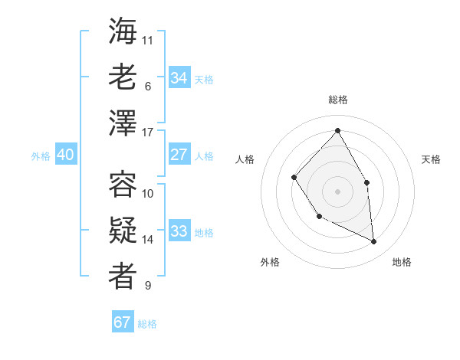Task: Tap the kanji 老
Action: pyautogui.click(x=123, y=77)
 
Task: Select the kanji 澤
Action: pyautogui.click(x=123, y=123)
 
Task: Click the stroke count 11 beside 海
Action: pyautogui.click(x=148, y=39)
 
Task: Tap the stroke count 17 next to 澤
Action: pyautogui.click(x=148, y=133)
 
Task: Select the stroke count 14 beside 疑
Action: pyautogui.click(x=148, y=240)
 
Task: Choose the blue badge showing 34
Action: pyautogui.click(x=179, y=77)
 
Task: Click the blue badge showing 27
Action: pyautogui.click(x=179, y=155)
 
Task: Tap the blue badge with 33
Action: pyautogui.click(x=179, y=231)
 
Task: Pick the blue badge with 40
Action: pyautogui.click(x=65, y=155)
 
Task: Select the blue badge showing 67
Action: pyautogui.click(x=123, y=322)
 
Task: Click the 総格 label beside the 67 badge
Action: pyautogui.click(x=147, y=324)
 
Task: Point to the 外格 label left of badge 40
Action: pyautogui.click(x=41, y=156)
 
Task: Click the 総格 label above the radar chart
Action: pyautogui.click(x=337, y=100)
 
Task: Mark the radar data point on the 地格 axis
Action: pyautogui.click(x=374, y=241)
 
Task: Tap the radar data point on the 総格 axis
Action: pyautogui.click(x=337, y=130)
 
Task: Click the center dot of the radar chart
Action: pyautogui.click(x=337, y=191)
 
